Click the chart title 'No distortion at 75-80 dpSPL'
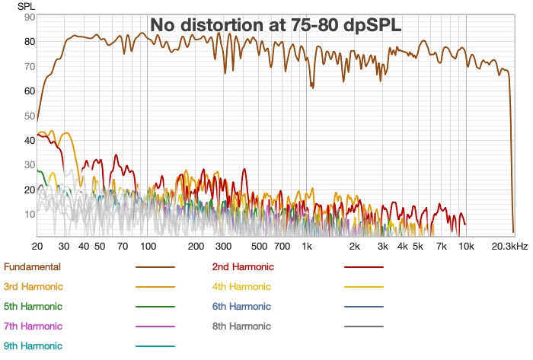276,25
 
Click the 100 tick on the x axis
148,247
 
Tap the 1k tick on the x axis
307,247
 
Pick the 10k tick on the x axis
466,247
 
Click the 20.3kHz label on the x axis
508,247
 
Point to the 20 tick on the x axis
37,247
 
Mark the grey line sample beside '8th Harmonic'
363,327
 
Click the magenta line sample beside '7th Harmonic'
155,327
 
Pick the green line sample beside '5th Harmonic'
155,307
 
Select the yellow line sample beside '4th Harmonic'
363,287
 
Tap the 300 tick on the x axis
223,247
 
